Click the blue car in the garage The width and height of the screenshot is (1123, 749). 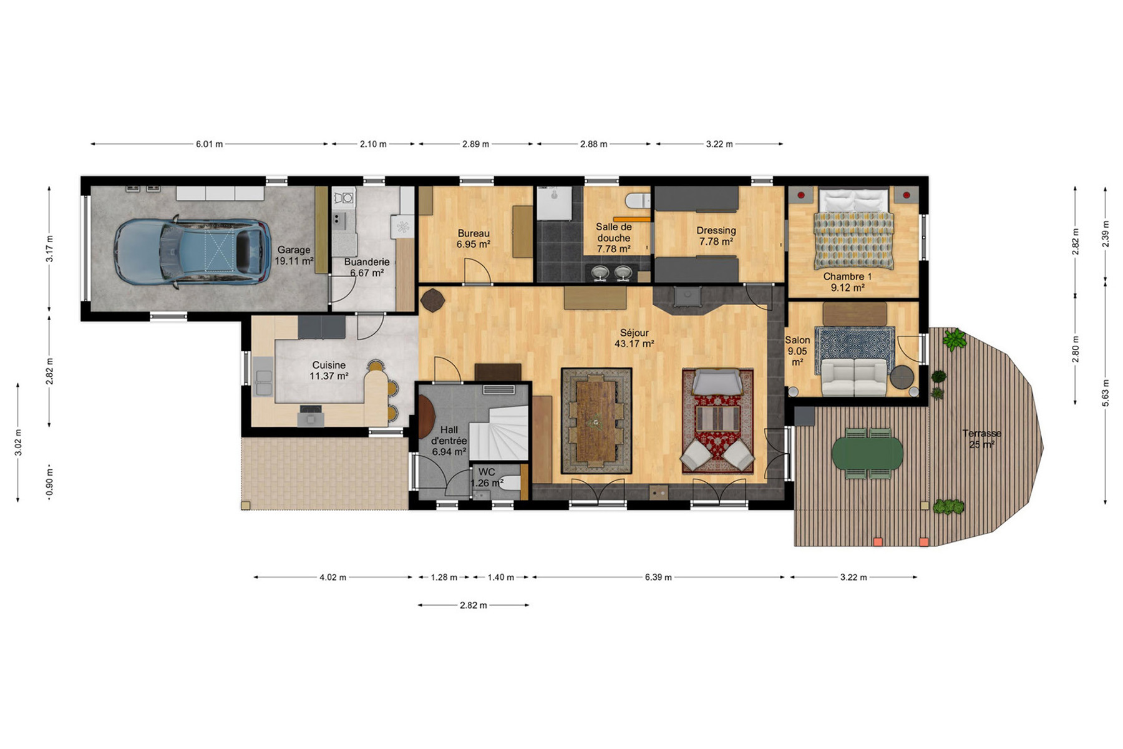point(192,252)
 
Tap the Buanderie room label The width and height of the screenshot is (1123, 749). point(367,262)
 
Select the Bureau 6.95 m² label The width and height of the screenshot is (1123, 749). point(474,238)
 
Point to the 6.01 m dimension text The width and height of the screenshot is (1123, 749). point(210,144)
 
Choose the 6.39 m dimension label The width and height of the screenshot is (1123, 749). point(658,577)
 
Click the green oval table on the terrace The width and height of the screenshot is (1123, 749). point(868,453)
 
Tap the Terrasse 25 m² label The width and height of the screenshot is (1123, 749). point(981,439)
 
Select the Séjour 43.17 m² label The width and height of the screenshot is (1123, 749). point(634,338)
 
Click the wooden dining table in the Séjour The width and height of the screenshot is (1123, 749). point(596,421)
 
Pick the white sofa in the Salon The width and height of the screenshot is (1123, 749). point(854,377)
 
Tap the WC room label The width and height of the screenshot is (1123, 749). point(487,472)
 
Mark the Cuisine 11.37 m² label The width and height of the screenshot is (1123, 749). point(329,370)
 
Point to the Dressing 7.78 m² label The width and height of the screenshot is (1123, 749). point(716,236)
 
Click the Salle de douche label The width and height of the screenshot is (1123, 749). point(614,232)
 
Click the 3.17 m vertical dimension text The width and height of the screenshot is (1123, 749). point(50,248)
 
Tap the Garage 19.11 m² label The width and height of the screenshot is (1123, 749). point(294,255)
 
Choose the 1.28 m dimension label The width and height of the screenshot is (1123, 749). point(444,577)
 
